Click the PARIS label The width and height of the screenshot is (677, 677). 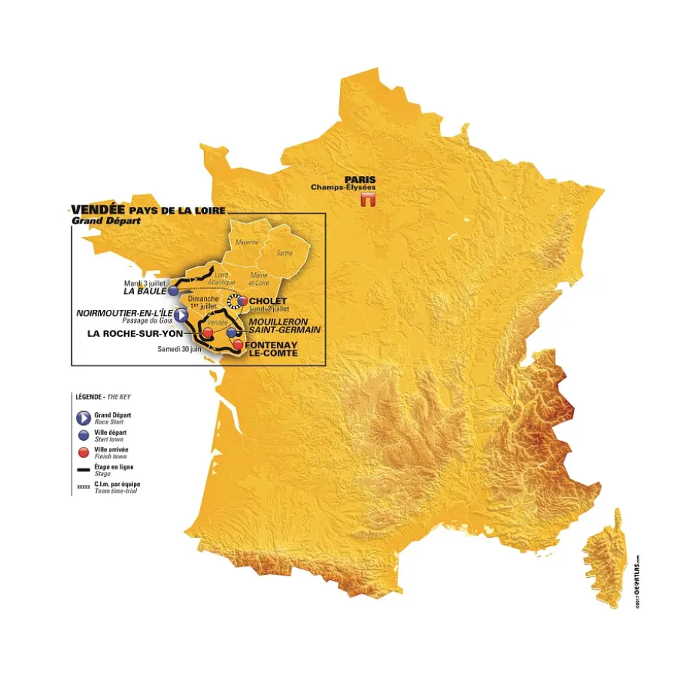[360, 180]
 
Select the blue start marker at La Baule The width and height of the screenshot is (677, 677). [173, 290]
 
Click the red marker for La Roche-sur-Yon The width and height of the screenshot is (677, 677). [207, 331]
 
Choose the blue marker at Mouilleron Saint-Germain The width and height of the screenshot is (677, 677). [232, 331]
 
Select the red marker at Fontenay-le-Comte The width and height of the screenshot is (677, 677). [238, 345]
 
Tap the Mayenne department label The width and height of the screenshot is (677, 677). [247, 242]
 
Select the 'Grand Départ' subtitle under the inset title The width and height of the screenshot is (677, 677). [97, 221]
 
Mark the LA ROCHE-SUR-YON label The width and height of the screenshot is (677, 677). [135, 333]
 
